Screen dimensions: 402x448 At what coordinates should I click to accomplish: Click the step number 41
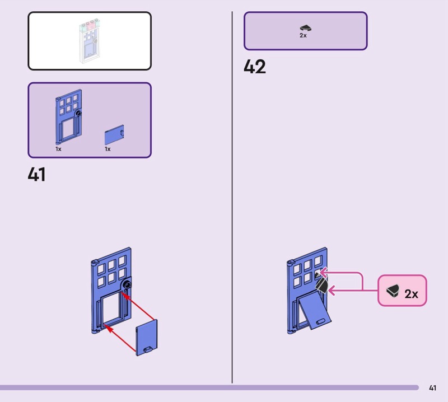[x=36, y=175]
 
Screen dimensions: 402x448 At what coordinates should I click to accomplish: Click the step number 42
[x=255, y=67]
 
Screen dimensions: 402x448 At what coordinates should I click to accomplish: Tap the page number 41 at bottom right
[x=432, y=387]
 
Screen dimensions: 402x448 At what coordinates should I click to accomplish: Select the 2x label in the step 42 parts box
[x=303, y=35]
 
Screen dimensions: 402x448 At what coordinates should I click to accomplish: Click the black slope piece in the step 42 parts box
[x=305, y=27]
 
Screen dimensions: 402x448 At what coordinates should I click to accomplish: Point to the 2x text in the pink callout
[x=411, y=293]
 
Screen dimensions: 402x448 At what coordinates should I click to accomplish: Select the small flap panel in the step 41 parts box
[x=114, y=136]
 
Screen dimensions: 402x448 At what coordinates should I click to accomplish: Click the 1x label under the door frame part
[x=58, y=149]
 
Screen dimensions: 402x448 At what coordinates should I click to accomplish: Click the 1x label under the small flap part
[x=108, y=149]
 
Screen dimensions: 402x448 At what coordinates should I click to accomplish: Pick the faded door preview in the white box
[x=90, y=42]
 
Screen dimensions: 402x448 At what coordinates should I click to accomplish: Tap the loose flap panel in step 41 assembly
[x=147, y=336]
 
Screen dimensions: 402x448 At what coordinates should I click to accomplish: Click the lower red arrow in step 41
[x=120, y=339]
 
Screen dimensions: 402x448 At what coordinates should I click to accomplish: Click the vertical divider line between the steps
[x=232, y=196]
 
